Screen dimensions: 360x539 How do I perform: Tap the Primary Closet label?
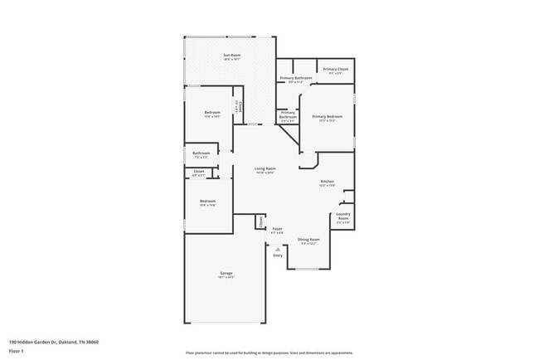[x=335, y=69]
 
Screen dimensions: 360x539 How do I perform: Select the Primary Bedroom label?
[x=328, y=117]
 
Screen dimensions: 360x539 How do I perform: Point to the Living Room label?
[x=265, y=168]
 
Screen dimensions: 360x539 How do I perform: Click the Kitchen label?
[x=328, y=182]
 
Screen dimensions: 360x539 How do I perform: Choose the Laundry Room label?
[x=343, y=218]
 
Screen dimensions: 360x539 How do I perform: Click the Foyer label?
[x=278, y=229]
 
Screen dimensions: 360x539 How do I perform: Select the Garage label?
[x=225, y=273]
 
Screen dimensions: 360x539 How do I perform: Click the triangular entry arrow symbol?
[x=278, y=249]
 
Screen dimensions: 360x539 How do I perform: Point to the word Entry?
[x=278, y=255]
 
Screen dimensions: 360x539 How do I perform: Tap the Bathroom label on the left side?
[x=202, y=153]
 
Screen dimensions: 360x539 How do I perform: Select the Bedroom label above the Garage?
[x=207, y=201]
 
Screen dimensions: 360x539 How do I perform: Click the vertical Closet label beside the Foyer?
[x=260, y=221]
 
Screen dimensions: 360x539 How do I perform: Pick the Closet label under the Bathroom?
[x=199, y=172]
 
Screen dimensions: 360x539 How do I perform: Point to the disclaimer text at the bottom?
[x=269, y=353]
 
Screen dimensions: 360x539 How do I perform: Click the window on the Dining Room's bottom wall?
[x=308, y=269]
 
